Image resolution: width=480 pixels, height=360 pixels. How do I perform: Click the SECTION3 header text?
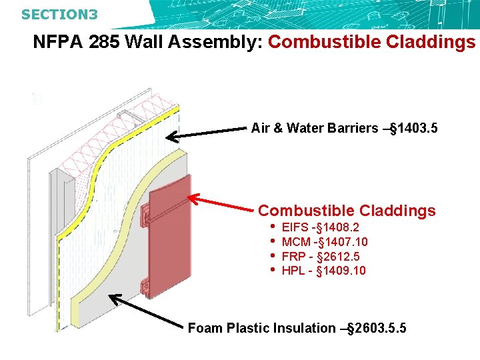point(59,13)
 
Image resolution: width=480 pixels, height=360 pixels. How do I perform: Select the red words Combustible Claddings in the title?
point(371,43)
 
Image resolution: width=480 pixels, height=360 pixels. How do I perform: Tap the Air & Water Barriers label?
point(314,128)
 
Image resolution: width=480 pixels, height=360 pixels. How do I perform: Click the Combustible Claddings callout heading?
point(347,211)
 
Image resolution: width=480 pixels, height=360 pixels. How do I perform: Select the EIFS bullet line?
point(321,227)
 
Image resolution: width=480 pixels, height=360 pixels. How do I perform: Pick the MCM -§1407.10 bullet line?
point(325,242)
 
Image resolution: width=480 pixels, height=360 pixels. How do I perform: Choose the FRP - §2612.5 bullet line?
point(321,256)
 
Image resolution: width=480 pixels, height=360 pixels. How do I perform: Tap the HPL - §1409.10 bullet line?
point(323,270)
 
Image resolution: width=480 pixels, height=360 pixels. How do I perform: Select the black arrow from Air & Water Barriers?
point(207,134)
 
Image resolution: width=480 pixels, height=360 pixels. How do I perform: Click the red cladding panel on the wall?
point(171,240)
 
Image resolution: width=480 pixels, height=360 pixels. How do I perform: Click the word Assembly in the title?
point(213,43)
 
